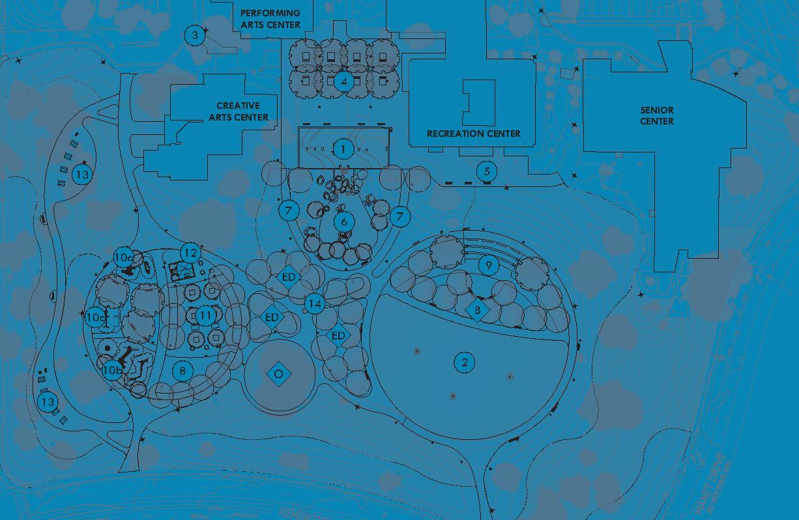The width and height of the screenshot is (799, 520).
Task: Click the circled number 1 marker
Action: click(x=343, y=149)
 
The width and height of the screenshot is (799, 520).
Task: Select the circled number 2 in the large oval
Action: click(x=464, y=362)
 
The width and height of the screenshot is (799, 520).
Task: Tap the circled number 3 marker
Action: click(x=194, y=35)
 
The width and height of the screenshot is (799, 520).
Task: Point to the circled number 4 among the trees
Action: click(x=344, y=81)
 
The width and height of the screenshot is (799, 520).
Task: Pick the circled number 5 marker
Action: click(x=486, y=171)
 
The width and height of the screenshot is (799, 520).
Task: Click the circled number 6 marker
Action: click(x=344, y=222)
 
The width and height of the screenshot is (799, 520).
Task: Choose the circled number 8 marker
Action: click(x=183, y=371)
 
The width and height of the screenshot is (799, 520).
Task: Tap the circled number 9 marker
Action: click(x=487, y=265)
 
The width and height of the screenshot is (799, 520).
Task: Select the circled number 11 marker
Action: click(x=206, y=316)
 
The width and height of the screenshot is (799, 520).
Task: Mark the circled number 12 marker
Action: click(x=190, y=253)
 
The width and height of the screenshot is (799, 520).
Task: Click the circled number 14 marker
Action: click(x=315, y=304)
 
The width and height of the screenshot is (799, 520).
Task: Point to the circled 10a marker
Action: click(x=123, y=257)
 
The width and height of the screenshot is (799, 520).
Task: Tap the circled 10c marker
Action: click(x=95, y=317)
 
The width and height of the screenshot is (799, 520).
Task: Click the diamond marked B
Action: click(x=478, y=311)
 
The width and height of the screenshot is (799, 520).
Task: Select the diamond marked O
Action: click(x=278, y=373)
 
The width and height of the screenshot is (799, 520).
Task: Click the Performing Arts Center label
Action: click(x=270, y=19)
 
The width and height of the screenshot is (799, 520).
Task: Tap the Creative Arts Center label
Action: click(x=242, y=111)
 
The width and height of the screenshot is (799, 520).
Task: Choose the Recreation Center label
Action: click(x=474, y=134)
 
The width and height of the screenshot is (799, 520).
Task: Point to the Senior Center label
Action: click(x=657, y=116)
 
